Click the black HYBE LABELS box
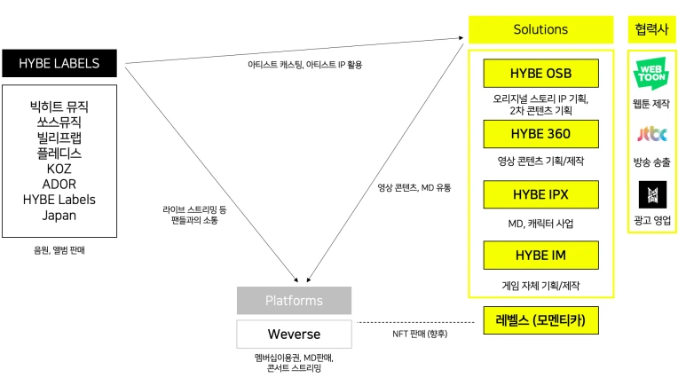pyautogui.click(x=59, y=63)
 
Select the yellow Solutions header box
pyautogui.click(x=540, y=29)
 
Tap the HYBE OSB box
pyautogui.click(x=540, y=73)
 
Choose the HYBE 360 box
pyautogui.click(x=540, y=134)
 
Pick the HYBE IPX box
pyautogui.click(x=540, y=194)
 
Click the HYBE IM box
pyautogui.click(x=540, y=256)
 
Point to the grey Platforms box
pyautogui.click(x=294, y=301)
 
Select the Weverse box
pyautogui.click(x=294, y=335)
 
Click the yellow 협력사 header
pyautogui.click(x=651, y=29)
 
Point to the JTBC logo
pyautogui.click(x=651, y=135)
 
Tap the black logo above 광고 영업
pyautogui.click(x=651, y=193)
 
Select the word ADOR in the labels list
pyautogui.click(x=59, y=185)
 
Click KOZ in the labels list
pyautogui.click(x=59, y=169)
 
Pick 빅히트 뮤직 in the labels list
pyautogui.click(x=59, y=106)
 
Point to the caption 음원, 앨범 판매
pyautogui.click(x=59, y=251)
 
